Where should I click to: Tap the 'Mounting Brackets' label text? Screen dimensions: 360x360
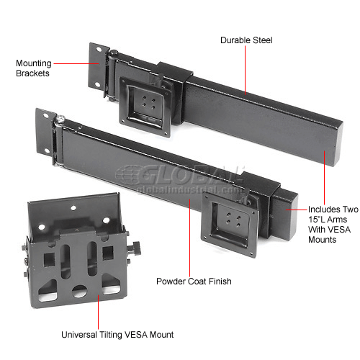[32, 68]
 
